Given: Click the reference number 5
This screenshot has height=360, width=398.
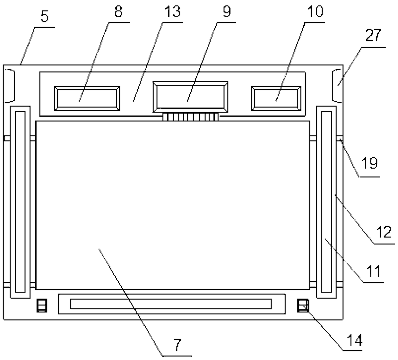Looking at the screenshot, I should tap(45, 17).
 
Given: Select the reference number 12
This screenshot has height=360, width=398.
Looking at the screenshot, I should tap(384, 232).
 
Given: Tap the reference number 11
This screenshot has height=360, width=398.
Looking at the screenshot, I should tap(373, 271).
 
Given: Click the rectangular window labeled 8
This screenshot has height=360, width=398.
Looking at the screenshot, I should tap(87, 98).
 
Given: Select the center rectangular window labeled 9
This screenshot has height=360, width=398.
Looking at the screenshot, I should tap(191, 97).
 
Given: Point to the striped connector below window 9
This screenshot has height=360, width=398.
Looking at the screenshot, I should tap(191, 117).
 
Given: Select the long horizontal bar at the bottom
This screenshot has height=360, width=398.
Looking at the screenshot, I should tap(171, 304).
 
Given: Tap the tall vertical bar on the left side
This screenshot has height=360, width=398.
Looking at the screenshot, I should tap(20, 201).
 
